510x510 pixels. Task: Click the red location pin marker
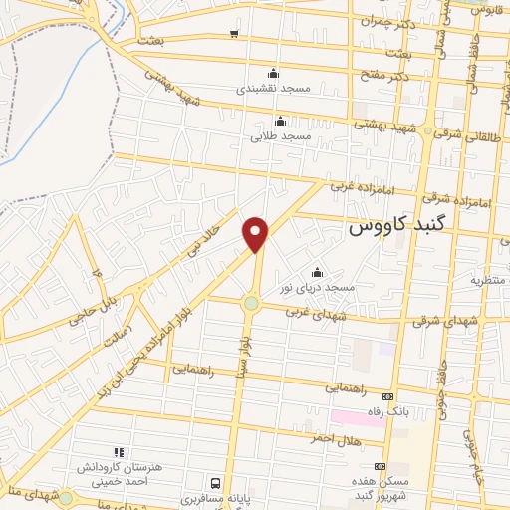tap(256, 233)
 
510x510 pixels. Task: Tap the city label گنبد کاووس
tap(399, 227)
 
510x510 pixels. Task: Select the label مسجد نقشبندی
tap(274, 88)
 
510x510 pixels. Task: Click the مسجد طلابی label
tap(283, 133)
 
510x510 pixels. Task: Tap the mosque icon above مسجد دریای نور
tap(318, 272)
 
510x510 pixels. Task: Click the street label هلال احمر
tap(330, 439)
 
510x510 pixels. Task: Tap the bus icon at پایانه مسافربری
tap(214, 482)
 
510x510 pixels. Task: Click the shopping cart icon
tap(233, 35)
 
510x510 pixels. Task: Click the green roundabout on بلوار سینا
tap(251, 303)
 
